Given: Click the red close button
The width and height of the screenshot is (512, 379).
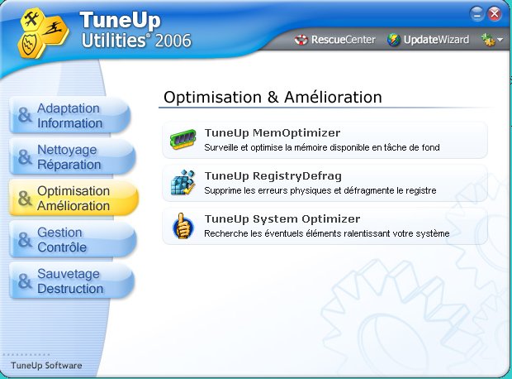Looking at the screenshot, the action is (x=495, y=14).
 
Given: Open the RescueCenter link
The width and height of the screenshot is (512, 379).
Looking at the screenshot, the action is (x=334, y=40).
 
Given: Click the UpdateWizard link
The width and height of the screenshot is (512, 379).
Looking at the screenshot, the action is (x=428, y=40).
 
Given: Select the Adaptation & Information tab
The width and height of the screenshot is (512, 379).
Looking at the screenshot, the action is (x=70, y=116).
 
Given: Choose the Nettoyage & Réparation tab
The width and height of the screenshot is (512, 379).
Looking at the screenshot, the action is (x=72, y=156).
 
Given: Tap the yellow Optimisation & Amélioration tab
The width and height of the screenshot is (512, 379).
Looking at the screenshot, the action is (x=73, y=198).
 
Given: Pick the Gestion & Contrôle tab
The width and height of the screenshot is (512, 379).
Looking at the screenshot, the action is (x=73, y=240).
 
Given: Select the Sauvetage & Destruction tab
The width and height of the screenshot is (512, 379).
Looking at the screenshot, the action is (x=72, y=281).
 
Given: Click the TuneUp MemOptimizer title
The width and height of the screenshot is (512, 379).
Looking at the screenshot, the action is (x=273, y=133).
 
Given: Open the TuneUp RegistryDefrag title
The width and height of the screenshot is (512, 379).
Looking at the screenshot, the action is (x=273, y=176).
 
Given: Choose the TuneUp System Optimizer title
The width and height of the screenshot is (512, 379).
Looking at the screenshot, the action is (x=282, y=219).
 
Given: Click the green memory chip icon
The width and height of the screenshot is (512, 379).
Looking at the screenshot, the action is (x=183, y=139).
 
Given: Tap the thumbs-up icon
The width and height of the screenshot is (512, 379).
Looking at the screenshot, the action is (x=183, y=226).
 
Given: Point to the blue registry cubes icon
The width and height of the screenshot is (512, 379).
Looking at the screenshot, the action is (x=183, y=182).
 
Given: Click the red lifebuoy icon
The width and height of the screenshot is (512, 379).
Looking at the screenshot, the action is (x=301, y=40).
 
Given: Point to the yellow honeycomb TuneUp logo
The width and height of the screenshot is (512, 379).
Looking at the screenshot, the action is (x=43, y=33).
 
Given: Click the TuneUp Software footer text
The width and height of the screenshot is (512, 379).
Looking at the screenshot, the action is (x=46, y=365).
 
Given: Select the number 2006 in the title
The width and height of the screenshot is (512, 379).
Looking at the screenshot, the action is (x=173, y=41).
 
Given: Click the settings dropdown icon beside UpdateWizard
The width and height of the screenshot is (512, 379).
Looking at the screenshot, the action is (x=491, y=40).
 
